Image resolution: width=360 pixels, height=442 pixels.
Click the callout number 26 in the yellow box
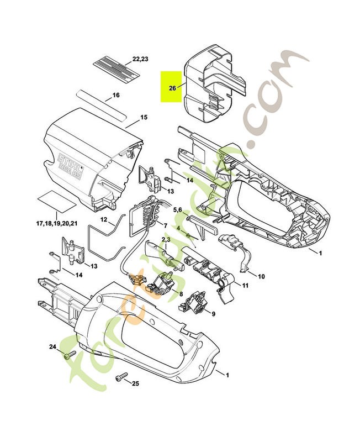[x=172, y=88]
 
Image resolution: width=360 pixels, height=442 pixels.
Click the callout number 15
[x=144, y=117]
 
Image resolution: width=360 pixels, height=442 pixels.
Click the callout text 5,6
[x=178, y=210]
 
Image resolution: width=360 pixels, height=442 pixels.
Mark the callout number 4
[x=179, y=228]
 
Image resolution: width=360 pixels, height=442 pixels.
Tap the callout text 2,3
[x=165, y=239]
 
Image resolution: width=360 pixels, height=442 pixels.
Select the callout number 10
[x=262, y=276]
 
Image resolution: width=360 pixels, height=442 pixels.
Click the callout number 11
[x=245, y=286]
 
